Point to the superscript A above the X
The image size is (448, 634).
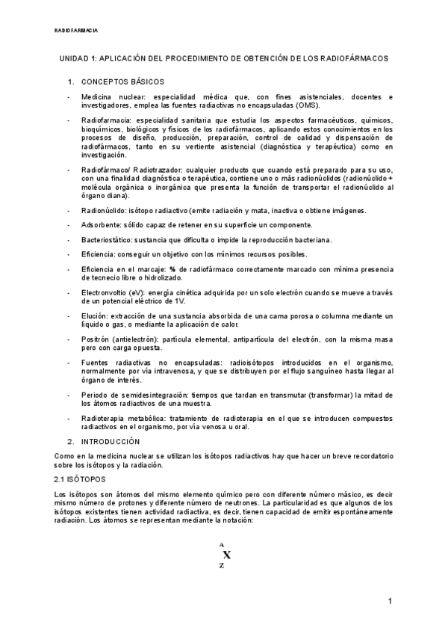tap(222, 544)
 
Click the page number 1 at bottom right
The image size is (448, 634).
tap(390, 603)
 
